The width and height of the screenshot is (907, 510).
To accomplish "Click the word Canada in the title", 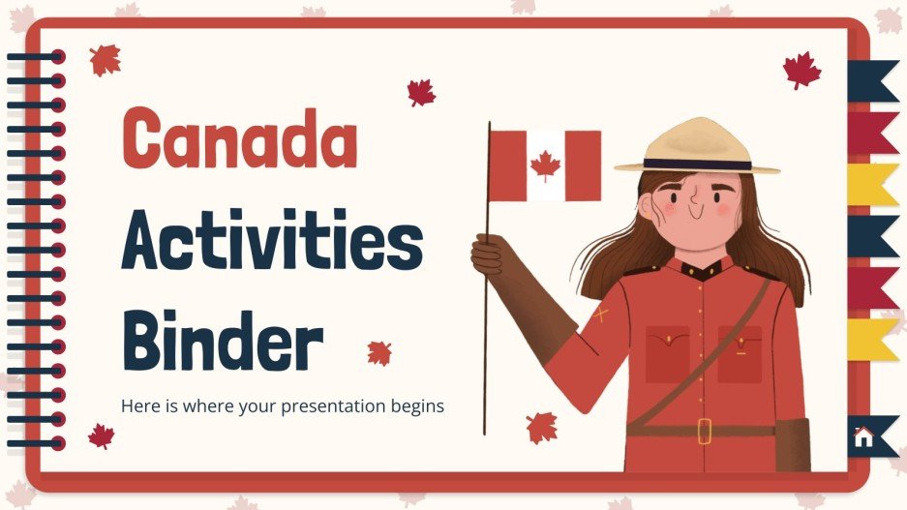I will (x=239, y=139).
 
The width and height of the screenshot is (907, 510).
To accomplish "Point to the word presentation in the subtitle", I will (x=339, y=405).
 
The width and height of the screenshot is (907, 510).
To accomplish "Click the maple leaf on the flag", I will (x=545, y=165).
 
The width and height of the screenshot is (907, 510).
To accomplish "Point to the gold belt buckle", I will (x=704, y=430).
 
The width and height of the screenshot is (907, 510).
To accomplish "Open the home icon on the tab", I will (x=863, y=436).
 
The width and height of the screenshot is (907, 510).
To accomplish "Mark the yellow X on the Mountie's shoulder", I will (x=600, y=314).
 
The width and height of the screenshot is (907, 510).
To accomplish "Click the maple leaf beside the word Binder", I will (x=379, y=352).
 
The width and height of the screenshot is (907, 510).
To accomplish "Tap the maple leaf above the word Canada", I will (x=105, y=60).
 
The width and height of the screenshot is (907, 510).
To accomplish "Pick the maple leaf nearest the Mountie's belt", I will (x=542, y=427).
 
